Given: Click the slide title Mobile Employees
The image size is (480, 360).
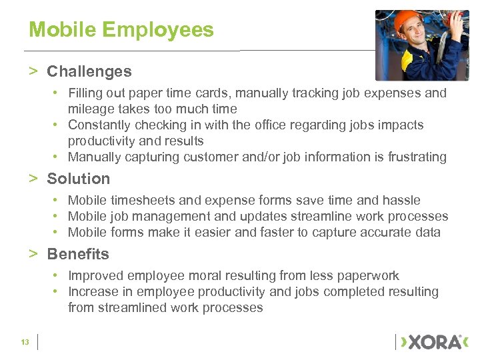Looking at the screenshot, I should [121, 30].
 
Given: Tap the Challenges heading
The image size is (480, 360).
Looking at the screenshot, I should [89, 71].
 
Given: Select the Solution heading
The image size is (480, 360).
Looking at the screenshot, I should [78, 179].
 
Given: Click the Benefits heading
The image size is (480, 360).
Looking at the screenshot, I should [78, 254].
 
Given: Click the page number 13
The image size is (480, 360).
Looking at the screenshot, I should [25, 342].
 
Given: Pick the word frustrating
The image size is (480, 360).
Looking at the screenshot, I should [414, 157].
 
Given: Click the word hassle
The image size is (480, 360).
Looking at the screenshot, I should [401, 200].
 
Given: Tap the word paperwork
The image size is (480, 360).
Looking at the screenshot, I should [366, 275].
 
